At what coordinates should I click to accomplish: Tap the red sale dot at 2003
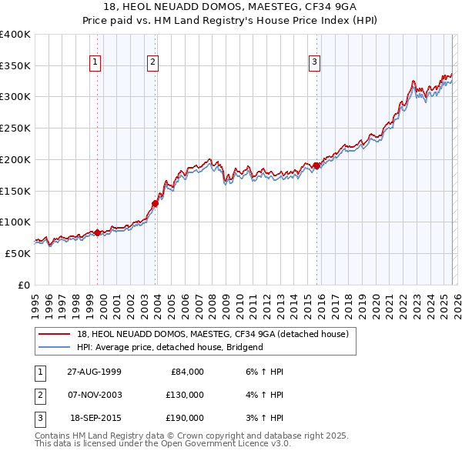[155, 204]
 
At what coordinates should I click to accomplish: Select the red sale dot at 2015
[316, 165]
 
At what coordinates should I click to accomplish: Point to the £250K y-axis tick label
[15, 129]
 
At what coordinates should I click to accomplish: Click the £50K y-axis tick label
[18, 253]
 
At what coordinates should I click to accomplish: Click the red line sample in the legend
[55, 334]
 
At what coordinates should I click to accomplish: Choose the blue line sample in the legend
[55, 347]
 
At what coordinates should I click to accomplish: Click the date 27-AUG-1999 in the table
[94, 372]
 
